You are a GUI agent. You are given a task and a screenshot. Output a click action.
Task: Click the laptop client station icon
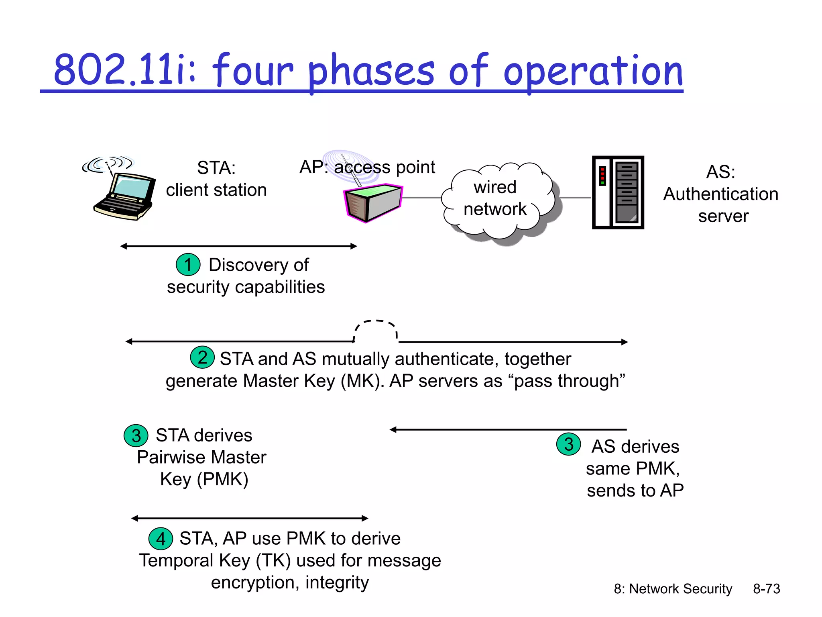point(124,195)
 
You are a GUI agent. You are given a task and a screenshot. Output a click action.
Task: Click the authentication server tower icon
point(618,192)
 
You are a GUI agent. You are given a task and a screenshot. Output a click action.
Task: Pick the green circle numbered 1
point(188,265)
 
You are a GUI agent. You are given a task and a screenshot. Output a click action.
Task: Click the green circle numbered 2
point(202,357)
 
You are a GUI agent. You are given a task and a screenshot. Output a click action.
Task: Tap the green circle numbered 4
point(161,539)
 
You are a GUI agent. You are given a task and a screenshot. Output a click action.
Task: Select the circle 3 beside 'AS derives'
point(568,444)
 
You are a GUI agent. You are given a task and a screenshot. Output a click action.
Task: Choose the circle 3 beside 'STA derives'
point(136,435)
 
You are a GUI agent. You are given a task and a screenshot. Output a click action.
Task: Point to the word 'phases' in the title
point(371,72)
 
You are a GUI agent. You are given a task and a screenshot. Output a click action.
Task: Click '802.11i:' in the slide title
point(124,72)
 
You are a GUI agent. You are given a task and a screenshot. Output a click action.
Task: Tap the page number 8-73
point(766,589)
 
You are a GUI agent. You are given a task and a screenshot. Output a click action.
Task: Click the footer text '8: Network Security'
point(673,589)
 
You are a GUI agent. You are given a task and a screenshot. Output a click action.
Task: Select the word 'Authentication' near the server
point(720,194)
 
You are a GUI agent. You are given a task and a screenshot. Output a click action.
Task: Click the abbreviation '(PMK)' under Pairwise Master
point(223,479)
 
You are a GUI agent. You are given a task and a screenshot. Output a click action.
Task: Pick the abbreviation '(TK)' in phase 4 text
point(273,560)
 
